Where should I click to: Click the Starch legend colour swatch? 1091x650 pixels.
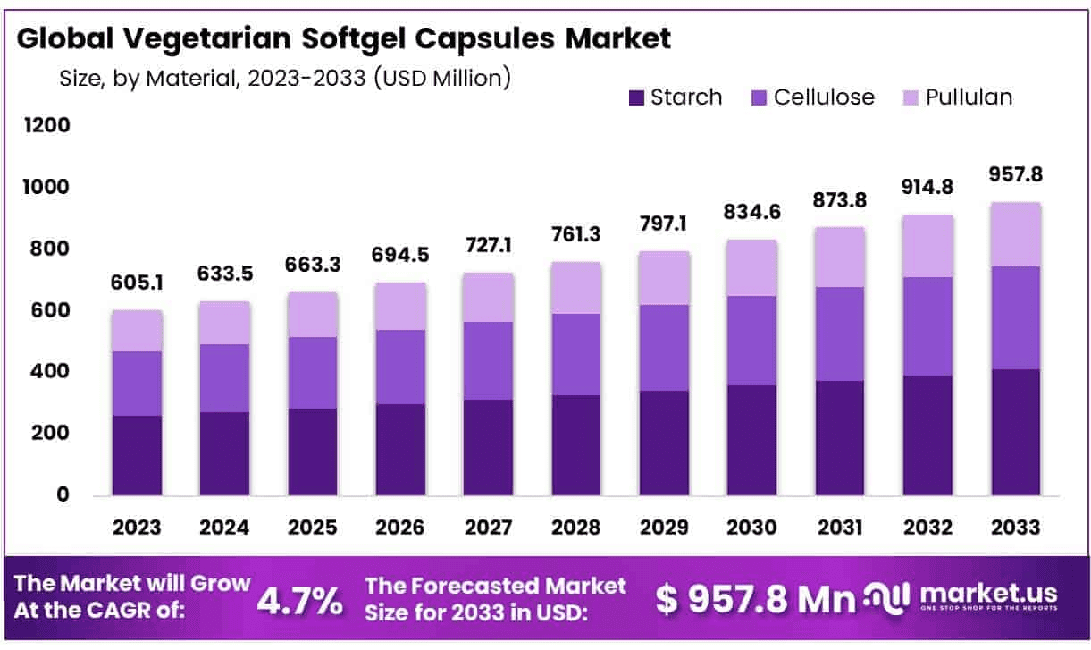pos(636,97)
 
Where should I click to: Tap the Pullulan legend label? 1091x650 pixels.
pos(969,97)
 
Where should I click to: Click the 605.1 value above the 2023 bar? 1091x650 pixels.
pos(137,283)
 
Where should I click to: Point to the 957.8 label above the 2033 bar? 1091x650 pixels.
pos(1016,174)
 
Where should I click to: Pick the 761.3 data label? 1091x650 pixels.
pos(575,235)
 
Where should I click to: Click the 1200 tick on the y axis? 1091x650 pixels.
pos(47,126)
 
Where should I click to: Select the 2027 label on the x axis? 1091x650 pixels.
pos(488,528)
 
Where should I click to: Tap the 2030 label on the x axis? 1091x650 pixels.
pos(751,528)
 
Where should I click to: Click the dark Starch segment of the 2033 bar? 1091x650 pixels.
pos(1016,432)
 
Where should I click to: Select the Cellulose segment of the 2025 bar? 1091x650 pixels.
pos(312,373)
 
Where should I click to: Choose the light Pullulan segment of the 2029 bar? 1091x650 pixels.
pos(664,278)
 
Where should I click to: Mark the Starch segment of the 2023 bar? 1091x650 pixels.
pos(137,455)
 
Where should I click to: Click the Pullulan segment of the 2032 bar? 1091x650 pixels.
pos(928,246)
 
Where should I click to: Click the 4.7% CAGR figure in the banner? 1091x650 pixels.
pos(299,601)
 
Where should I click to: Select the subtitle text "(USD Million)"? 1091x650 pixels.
pos(441,78)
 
